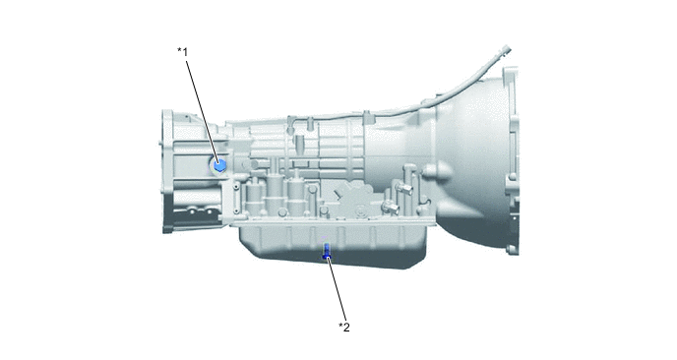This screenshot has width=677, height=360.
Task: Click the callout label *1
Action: pos(183,52)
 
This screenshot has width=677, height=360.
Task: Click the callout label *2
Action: pos(344,328)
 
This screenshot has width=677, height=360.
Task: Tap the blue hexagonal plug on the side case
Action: pos(219,165)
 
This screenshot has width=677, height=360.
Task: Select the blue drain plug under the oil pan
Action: pos(327,251)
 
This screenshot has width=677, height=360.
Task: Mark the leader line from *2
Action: pos(338,288)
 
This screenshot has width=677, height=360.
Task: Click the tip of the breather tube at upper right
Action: pos(507,49)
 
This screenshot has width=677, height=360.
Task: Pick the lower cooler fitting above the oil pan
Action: pos(391,208)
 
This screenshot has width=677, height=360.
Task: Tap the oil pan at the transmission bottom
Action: pos(333,244)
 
